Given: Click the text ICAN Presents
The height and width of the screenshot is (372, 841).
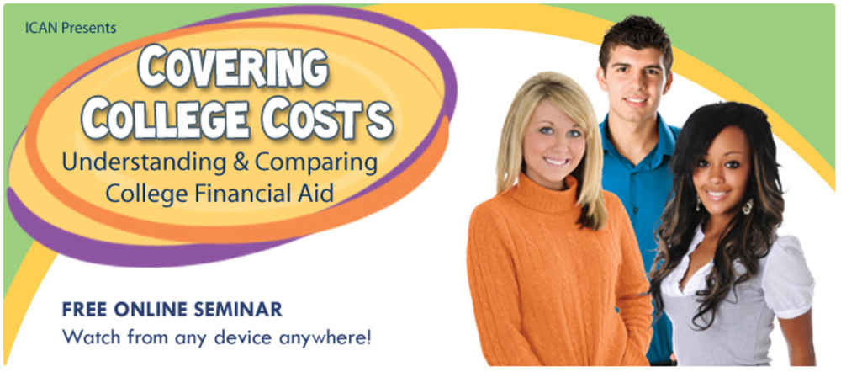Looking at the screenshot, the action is (71, 28).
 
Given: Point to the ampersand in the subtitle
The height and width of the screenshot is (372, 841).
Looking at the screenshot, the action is (235, 162).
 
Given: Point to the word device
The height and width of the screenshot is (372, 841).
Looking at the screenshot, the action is (233, 337).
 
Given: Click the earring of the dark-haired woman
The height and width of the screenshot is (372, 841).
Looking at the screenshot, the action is (748, 205).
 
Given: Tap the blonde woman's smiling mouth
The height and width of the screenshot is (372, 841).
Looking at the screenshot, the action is (556, 161).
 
